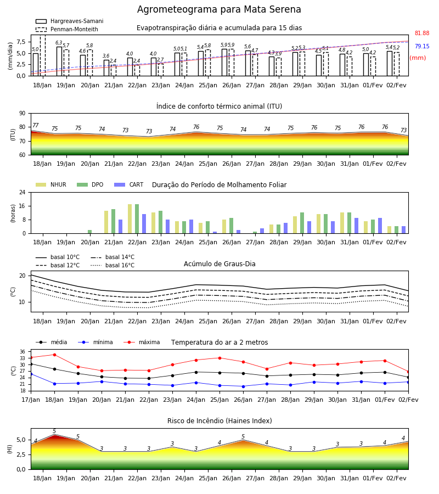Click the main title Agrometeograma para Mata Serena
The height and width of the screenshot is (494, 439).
219,9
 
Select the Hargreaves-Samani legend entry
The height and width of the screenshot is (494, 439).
70,21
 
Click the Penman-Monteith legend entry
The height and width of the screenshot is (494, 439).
67,29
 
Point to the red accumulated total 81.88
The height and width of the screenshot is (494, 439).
422,33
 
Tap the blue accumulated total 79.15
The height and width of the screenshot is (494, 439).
422,46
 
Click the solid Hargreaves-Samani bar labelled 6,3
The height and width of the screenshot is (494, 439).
59,61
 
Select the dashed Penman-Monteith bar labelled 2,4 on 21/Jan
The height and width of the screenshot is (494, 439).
114,71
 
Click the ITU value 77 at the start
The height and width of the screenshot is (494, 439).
36,125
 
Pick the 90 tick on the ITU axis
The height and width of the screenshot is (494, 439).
22,114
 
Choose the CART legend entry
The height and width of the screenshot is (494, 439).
129,184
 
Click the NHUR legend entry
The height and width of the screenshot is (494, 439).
51,184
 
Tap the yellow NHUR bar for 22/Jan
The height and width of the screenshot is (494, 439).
130,219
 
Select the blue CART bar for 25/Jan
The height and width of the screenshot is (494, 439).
215,233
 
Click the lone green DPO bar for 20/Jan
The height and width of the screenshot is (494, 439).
90,232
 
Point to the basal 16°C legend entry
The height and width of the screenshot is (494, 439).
112,265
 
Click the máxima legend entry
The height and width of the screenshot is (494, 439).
142,342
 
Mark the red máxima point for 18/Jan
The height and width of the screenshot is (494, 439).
54,355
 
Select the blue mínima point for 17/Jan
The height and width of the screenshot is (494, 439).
31,374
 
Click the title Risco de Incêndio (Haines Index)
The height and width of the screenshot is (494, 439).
219,421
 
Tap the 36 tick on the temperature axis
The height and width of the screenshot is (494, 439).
22,352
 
